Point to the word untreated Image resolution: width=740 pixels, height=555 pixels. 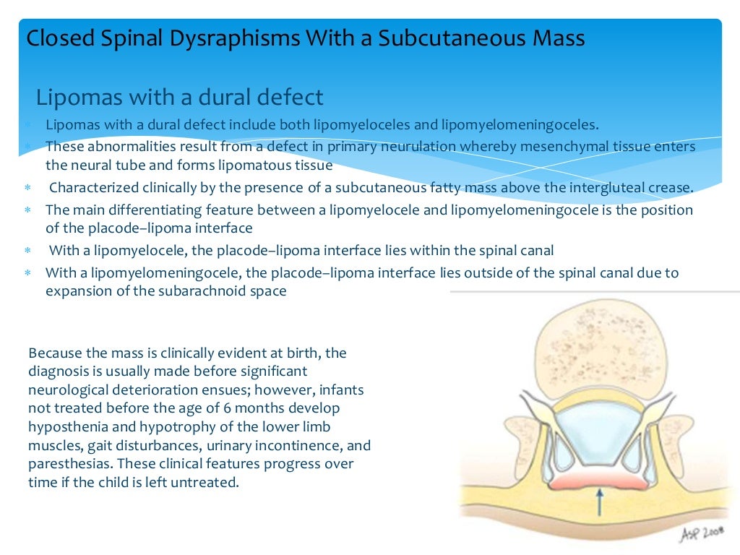click(202, 481)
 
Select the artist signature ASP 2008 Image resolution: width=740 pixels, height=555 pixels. click(702, 533)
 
